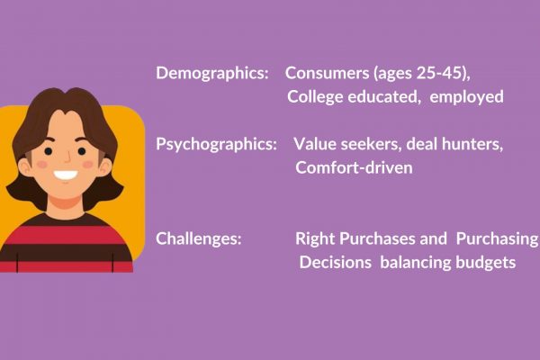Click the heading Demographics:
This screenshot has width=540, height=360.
pos(212,74)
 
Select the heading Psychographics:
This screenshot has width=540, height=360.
pos(216,145)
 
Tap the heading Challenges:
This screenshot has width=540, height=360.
pos(199,238)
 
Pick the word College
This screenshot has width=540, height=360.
pos(315,97)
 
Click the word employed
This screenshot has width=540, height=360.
pos(466,97)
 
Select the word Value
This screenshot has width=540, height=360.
pos(315,144)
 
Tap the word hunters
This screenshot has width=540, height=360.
pos(472,144)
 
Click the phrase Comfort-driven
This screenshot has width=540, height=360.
pos(354,167)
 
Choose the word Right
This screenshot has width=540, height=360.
pos(315,239)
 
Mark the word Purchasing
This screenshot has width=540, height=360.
pos(497,239)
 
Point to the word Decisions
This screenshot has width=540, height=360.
pos(336,263)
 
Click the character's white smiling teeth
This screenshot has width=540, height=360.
pos(66,175)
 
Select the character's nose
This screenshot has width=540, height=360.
pos(67,157)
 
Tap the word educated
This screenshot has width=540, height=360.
pos(384,97)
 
